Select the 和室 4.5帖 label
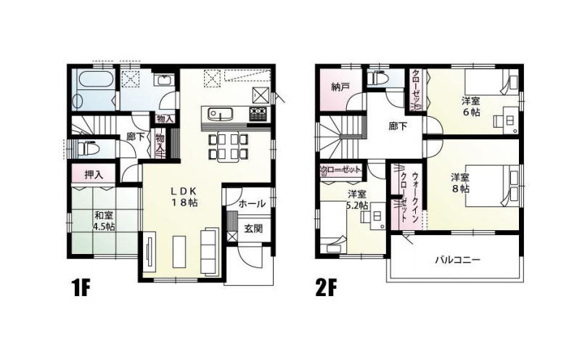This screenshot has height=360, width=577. click(x=104, y=220)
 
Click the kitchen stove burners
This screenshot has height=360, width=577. click(x=258, y=113)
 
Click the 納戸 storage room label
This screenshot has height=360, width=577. click(x=340, y=87)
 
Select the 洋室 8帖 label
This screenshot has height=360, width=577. click(x=459, y=182)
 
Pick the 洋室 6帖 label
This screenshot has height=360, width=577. click(x=471, y=107)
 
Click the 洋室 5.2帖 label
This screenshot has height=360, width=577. click(x=356, y=200)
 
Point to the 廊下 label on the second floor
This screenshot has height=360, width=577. click(x=397, y=126)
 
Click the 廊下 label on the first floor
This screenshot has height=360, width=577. click(x=134, y=136)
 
